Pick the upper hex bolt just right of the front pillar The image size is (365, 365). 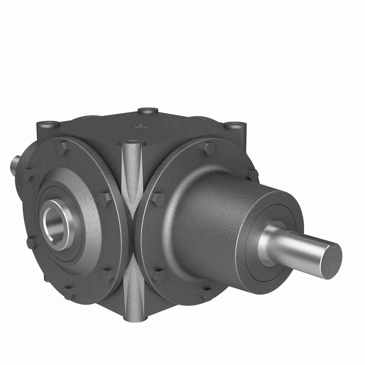[x=157, y=196]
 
